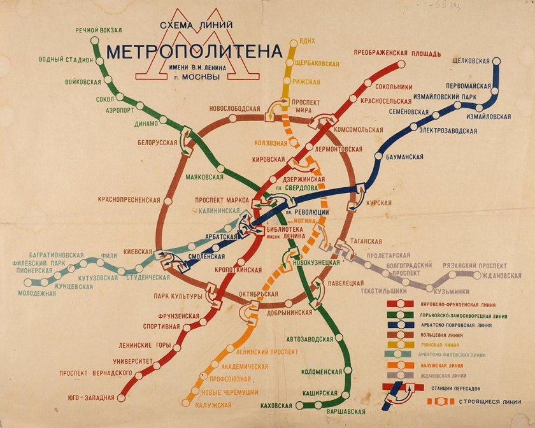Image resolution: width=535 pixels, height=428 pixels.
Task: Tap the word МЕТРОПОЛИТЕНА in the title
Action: point(194,52)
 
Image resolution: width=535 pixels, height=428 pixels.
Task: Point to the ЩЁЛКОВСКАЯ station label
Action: point(470,61)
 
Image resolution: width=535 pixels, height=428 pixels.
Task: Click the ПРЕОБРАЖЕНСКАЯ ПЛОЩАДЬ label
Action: point(397,53)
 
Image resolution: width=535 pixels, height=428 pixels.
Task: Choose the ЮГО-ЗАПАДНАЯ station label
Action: point(91,398)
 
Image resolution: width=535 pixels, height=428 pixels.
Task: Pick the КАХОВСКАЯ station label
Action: point(276,406)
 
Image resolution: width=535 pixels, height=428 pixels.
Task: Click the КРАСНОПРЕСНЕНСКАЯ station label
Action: point(129,200)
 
